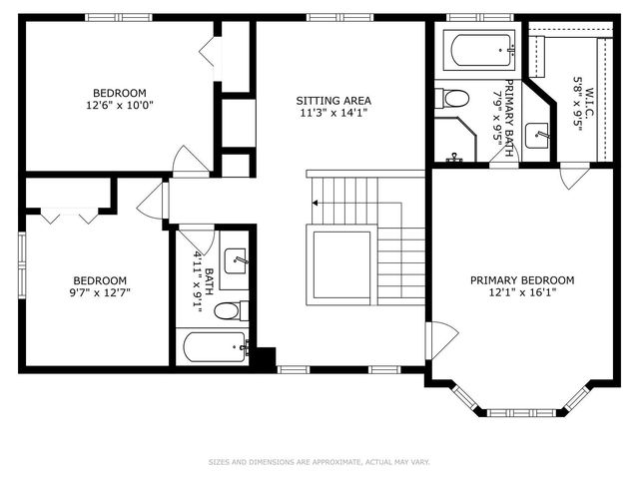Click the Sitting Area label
333,100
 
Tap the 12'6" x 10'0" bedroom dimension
120,105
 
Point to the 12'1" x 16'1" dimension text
522,293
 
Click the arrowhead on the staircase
315,203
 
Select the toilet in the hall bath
228,310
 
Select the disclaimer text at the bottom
319,462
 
